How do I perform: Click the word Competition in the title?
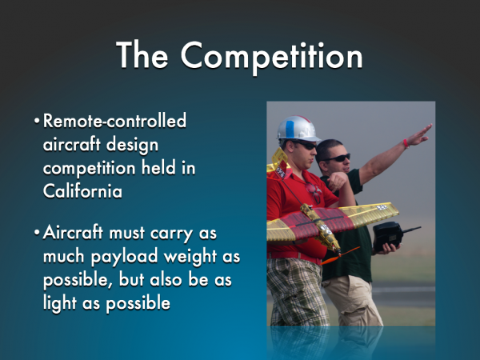[x=272, y=57]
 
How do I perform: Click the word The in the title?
[x=142, y=54]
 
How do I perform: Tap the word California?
[x=82, y=191]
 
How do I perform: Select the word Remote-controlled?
[x=114, y=120]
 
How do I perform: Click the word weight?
[x=190, y=257]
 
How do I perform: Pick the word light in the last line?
[x=60, y=303]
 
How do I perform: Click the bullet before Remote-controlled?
[x=37, y=121]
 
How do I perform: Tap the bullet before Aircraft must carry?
[x=37, y=233]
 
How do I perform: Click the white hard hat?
[x=298, y=129]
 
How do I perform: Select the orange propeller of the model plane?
[x=340, y=256]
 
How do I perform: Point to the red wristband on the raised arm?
[x=406, y=143]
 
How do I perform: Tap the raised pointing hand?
[x=420, y=134]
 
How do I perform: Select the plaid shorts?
[x=295, y=292]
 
